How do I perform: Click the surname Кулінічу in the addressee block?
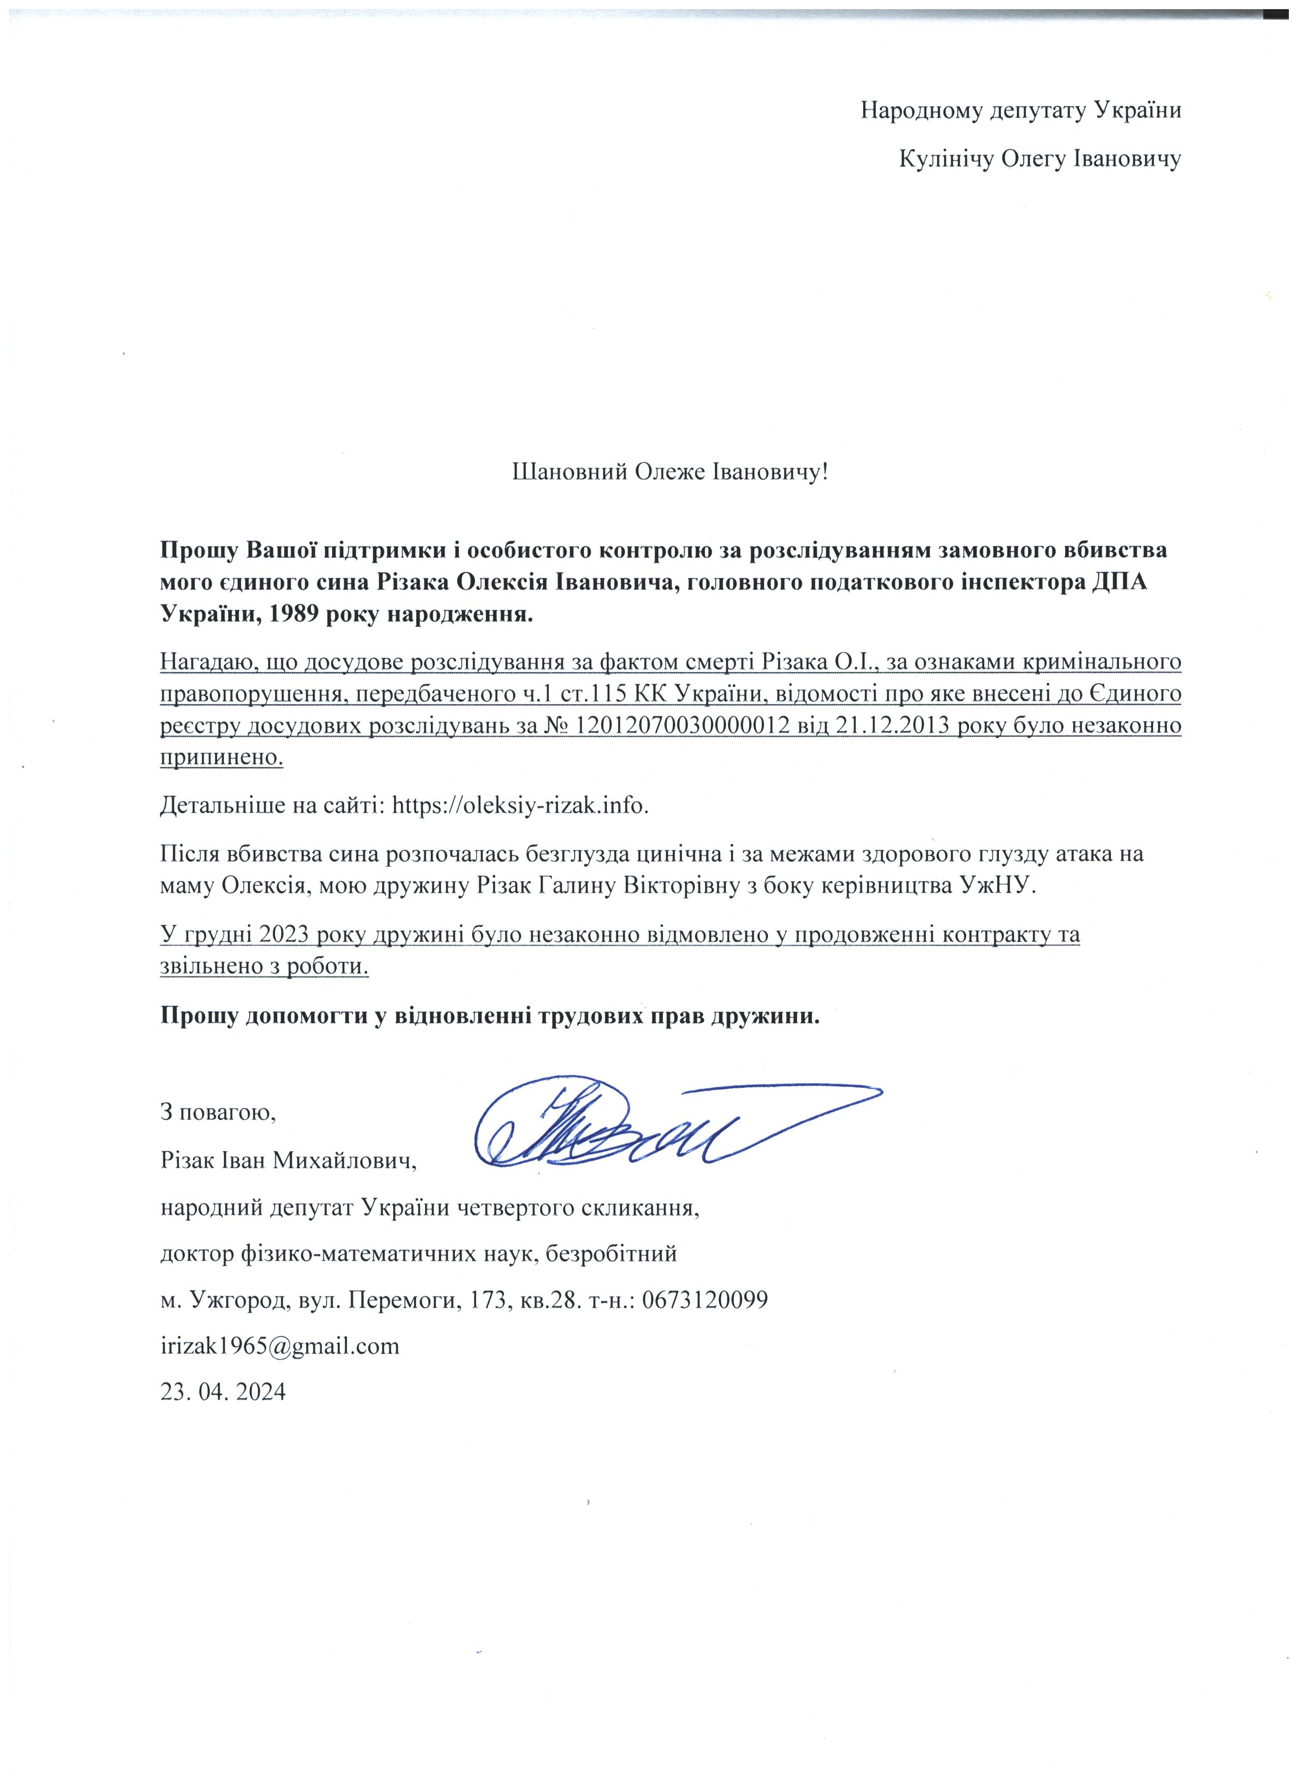click(x=946, y=159)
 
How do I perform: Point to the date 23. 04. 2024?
click(x=223, y=1391)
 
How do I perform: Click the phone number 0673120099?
click(x=705, y=1300)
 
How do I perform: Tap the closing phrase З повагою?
click(x=218, y=1112)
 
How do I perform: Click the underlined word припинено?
click(x=221, y=757)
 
